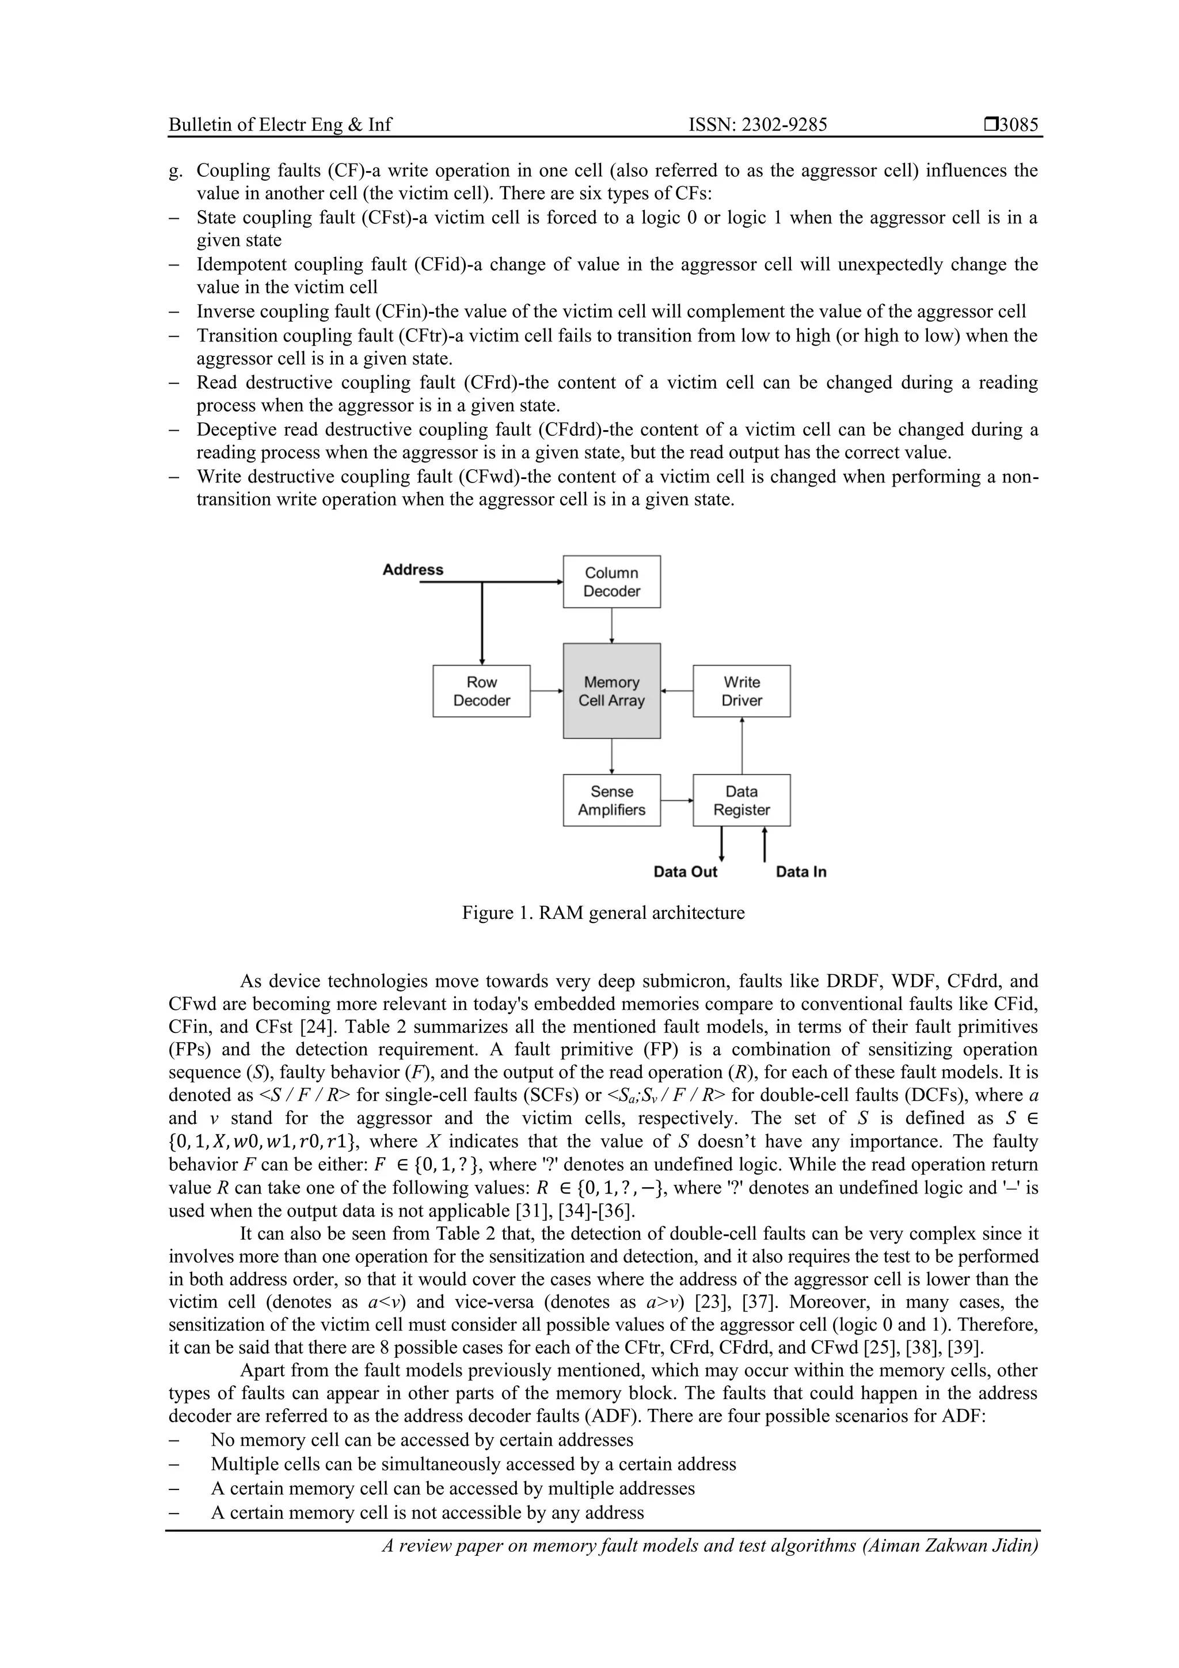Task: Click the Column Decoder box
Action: pyautogui.click(x=611, y=582)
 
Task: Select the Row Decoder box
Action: pyautogui.click(x=482, y=691)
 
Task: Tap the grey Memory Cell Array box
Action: pyautogui.click(x=611, y=691)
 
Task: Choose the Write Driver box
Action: pyautogui.click(x=741, y=691)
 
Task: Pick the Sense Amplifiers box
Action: pyautogui.click(x=611, y=800)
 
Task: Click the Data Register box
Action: pyautogui.click(x=741, y=800)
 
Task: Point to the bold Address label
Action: pyautogui.click(x=413, y=570)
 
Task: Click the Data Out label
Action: pyautogui.click(x=685, y=872)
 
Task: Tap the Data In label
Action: pyautogui.click(x=801, y=872)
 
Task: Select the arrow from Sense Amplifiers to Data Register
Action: pyautogui.click(x=677, y=800)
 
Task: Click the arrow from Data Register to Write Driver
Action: pyautogui.click(x=741, y=746)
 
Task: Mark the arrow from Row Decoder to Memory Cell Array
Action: pyautogui.click(x=546, y=691)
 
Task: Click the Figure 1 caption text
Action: pyautogui.click(x=603, y=913)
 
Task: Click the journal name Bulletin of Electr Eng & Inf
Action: pyautogui.click(x=280, y=125)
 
